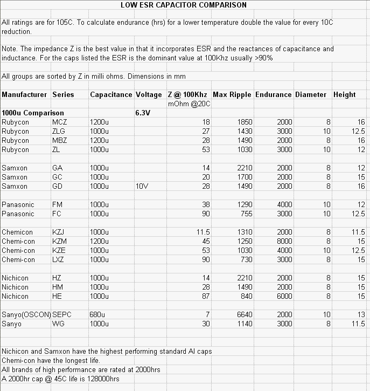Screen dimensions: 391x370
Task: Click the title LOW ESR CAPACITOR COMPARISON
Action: click(x=184, y=5)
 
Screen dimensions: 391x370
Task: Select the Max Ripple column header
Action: click(x=232, y=94)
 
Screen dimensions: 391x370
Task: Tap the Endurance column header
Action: click(x=274, y=94)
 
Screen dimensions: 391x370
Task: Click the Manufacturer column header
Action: click(x=24, y=94)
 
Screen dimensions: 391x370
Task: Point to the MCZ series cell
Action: click(x=59, y=122)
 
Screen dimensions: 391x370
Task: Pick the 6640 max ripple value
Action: click(x=245, y=314)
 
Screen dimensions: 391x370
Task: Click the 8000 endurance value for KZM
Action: click(x=284, y=241)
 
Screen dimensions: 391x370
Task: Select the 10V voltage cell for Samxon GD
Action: click(x=143, y=186)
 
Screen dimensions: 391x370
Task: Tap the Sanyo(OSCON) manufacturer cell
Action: click(x=26, y=314)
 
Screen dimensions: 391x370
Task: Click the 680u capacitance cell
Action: click(x=99, y=314)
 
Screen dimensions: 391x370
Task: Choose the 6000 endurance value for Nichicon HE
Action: click(x=284, y=296)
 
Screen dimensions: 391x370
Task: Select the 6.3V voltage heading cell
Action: click(x=143, y=113)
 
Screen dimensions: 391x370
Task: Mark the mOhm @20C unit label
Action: click(x=189, y=104)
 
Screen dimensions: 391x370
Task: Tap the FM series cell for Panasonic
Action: click(x=58, y=204)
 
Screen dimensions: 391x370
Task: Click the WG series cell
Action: click(x=58, y=324)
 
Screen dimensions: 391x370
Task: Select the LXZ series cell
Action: click(x=59, y=259)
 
